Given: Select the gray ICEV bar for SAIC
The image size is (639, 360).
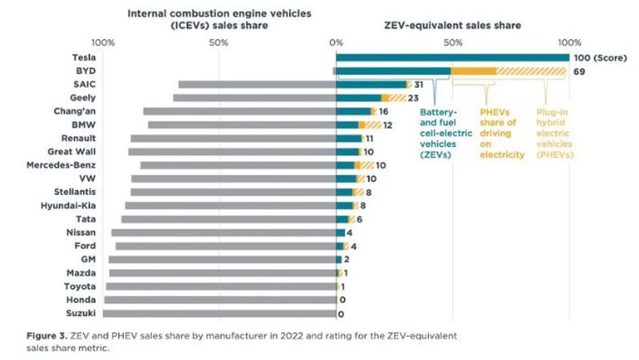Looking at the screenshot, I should click(x=256, y=84).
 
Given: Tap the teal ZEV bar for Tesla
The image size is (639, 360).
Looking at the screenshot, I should click(x=452, y=57).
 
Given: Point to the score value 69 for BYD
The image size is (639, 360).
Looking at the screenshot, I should click(x=581, y=71).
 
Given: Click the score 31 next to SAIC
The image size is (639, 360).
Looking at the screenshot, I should click(x=419, y=84).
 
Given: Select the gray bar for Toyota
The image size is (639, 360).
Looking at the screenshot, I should click(x=220, y=286).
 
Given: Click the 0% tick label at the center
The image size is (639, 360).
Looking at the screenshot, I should click(x=336, y=42).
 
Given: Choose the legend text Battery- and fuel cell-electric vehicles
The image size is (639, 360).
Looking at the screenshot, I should click(x=439, y=133).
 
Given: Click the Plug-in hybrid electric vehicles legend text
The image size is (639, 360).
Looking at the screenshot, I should click(x=555, y=133).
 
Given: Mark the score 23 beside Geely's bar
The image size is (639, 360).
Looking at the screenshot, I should click(x=413, y=97).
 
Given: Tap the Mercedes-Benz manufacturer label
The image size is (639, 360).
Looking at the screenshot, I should click(x=61, y=165).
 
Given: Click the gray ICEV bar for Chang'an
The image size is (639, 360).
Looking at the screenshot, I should click(x=240, y=111).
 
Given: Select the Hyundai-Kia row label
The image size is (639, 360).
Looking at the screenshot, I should click(x=69, y=205).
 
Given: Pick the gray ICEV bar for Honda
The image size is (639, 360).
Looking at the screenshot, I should click(x=220, y=299).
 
